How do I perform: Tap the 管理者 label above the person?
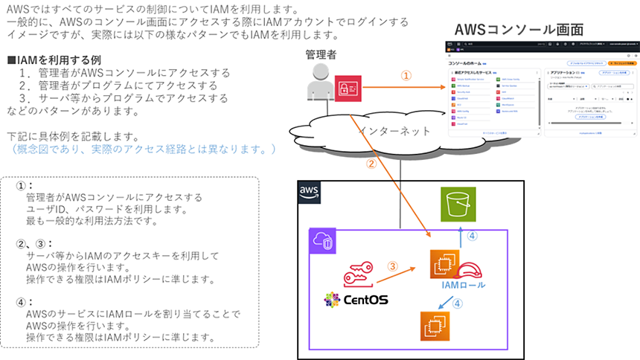pos(321,54)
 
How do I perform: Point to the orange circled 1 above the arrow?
pos(406,76)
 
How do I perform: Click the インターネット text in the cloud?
pos(394,131)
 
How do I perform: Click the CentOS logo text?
pos(356,300)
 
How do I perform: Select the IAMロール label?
pos(463,286)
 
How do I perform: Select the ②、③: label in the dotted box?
pos(36,243)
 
